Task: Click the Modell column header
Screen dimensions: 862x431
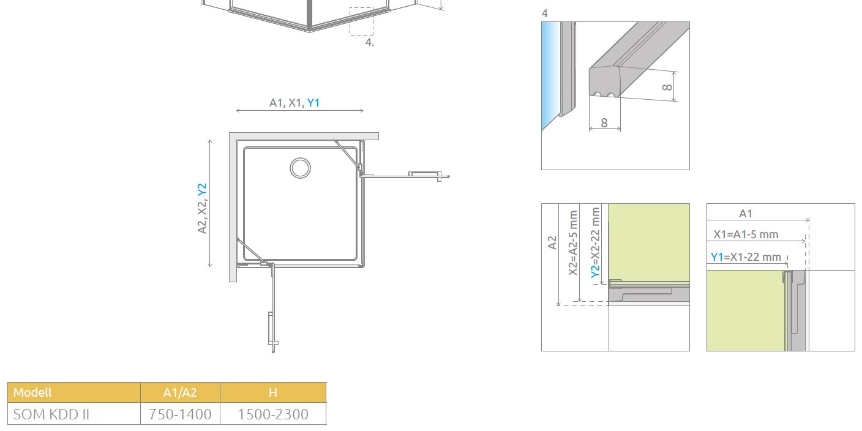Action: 32,392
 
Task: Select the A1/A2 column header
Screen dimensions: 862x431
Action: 180,392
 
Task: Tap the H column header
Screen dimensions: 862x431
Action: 273,392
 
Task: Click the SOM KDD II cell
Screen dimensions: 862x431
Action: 51,414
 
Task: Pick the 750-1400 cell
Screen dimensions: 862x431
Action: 180,414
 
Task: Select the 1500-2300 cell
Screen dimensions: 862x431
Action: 273,414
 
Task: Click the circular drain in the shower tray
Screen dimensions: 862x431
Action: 300,168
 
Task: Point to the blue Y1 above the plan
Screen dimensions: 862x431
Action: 313,103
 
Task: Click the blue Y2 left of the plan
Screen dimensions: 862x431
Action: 202,189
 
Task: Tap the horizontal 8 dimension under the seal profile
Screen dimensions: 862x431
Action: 604,123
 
